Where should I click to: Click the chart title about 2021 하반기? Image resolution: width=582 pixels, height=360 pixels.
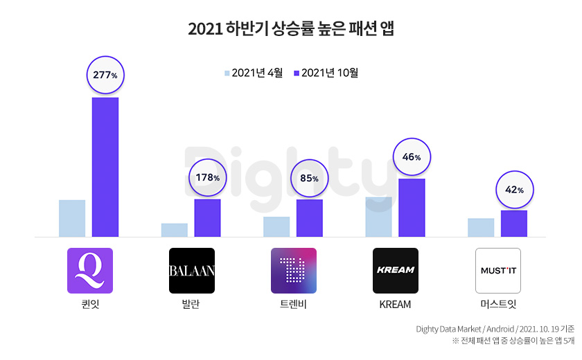click(x=291, y=29)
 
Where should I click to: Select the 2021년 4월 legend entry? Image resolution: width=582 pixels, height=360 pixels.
click(x=253, y=73)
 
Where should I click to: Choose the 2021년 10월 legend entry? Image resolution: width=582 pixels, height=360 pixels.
click(x=326, y=73)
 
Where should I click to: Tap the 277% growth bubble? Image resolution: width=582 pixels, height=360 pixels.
click(x=105, y=75)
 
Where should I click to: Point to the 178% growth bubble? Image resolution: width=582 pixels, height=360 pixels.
click(x=207, y=177)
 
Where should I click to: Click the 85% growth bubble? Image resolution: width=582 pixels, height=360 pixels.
click(x=310, y=178)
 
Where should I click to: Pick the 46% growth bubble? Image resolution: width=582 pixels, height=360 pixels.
click(x=412, y=157)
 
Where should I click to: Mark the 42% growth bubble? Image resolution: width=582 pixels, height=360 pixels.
click(x=514, y=189)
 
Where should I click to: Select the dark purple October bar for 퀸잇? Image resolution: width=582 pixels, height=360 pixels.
click(x=105, y=167)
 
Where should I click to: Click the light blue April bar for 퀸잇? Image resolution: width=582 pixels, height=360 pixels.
click(x=72, y=218)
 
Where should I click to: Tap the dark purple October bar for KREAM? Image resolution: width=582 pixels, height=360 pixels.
click(x=412, y=208)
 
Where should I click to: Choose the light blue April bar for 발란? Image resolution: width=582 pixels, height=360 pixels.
click(x=174, y=230)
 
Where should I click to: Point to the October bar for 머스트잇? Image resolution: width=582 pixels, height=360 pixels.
click(x=514, y=224)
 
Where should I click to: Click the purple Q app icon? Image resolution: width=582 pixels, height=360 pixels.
click(x=89, y=271)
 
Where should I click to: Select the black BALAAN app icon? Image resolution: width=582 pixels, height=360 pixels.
click(x=192, y=271)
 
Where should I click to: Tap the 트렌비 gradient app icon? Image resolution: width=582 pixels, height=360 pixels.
click(x=294, y=271)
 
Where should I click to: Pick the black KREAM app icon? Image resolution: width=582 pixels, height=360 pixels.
click(x=396, y=271)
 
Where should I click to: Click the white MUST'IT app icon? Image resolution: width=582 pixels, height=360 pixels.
click(x=497, y=271)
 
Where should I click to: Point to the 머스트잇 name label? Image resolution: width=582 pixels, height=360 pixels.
click(x=497, y=305)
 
